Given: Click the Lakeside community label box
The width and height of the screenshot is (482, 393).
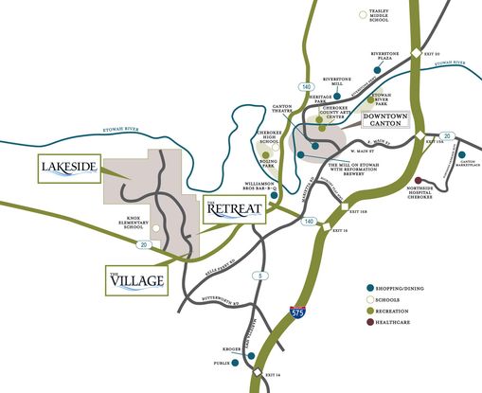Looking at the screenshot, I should (68, 169).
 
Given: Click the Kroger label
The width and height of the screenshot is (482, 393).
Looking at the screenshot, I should (219, 348).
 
